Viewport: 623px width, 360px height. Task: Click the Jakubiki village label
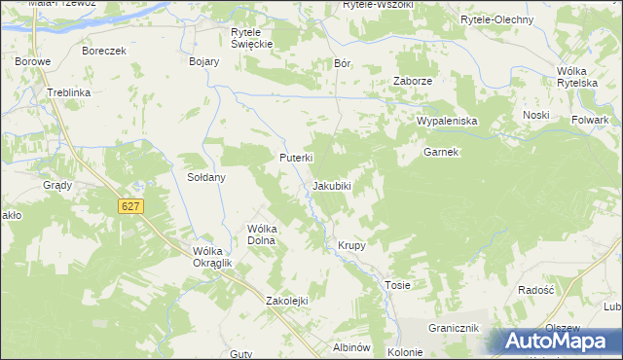331,185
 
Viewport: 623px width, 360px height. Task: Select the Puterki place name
295,157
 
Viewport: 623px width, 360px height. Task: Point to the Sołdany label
206,177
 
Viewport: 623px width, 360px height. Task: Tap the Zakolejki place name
287,301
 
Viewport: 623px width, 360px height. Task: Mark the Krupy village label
351,245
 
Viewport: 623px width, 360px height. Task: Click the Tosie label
397,285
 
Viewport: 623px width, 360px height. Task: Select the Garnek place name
440,152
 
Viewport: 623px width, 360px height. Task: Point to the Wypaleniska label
446,121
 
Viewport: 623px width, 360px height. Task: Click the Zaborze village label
412,81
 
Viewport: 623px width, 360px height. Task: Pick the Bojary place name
203,60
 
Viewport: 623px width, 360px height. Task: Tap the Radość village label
536,290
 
